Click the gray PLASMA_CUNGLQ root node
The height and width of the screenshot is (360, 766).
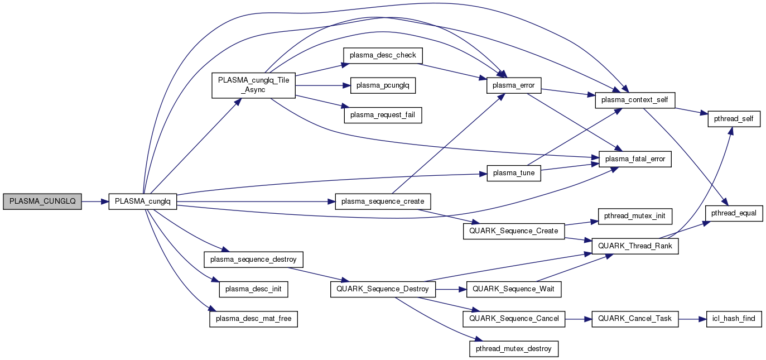tap(42, 201)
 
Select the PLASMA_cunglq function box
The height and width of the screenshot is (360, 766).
tap(142, 201)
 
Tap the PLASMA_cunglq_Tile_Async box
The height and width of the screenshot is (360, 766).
tap(253, 85)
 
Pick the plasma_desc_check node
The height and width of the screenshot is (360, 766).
tap(382, 55)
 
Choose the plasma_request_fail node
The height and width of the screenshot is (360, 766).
tap(382, 115)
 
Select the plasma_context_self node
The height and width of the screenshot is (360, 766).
tap(635, 100)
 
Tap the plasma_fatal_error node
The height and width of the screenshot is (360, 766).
tap(635, 159)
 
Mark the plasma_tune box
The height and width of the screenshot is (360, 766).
tap(514, 173)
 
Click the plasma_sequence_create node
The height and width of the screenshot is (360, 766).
tap(382, 201)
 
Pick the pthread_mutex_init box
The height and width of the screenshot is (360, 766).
tap(635, 215)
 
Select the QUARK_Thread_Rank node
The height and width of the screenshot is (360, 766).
tap(635, 246)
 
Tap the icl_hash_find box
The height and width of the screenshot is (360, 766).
tap(734, 318)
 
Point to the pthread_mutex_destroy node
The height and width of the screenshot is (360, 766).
tap(513, 348)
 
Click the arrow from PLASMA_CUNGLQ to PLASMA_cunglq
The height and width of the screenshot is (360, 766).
tap(95, 201)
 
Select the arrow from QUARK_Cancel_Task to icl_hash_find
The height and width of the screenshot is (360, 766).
tap(692, 318)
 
